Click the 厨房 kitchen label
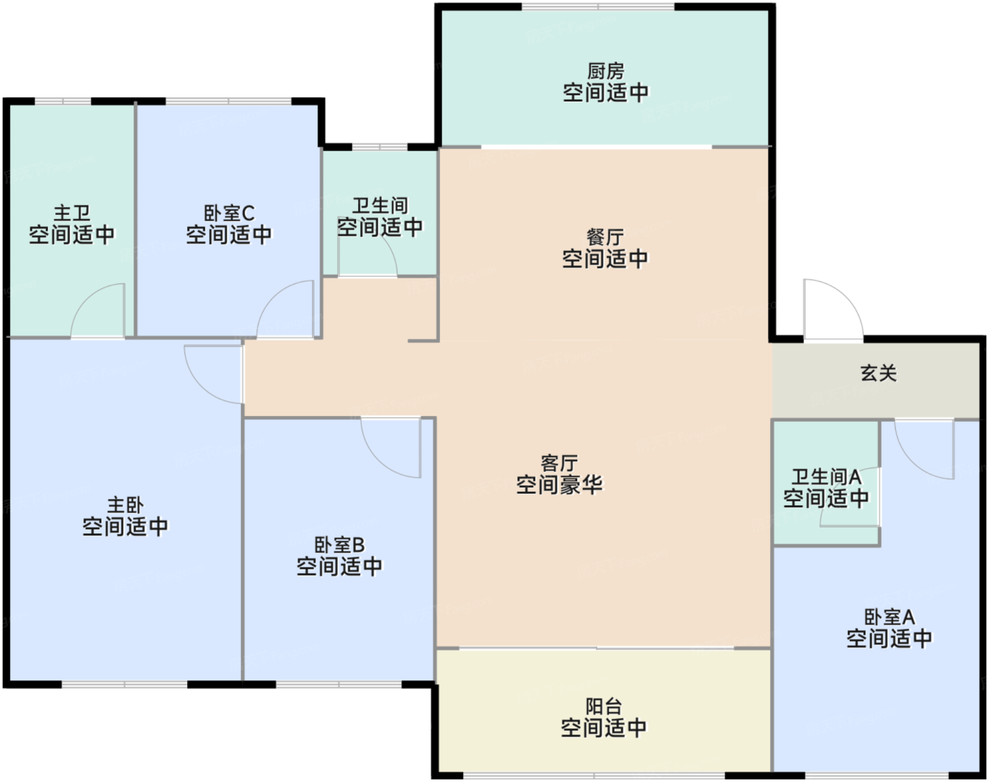pyautogui.click(x=605, y=72)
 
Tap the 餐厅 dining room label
pyautogui.click(x=605, y=237)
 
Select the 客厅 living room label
pyautogui.click(x=559, y=463)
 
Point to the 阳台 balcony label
pyautogui.click(x=604, y=706)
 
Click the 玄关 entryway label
pyautogui.click(x=879, y=373)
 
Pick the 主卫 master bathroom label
pyautogui.click(x=72, y=213)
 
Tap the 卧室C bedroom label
pyautogui.click(x=229, y=213)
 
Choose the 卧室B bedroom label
pyautogui.click(x=340, y=545)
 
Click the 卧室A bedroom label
pyautogui.click(x=889, y=617)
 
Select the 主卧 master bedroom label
pyautogui.click(x=126, y=505)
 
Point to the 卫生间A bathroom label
pyautogui.click(x=826, y=478)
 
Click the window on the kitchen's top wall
pyautogui.click(x=598, y=6)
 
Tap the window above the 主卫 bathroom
pyautogui.click(x=63, y=101)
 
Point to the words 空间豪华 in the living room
pyautogui.click(x=559, y=485)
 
